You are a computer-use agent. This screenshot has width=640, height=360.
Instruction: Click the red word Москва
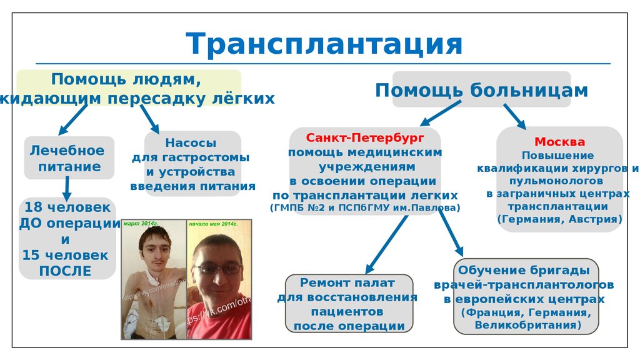pos(559,141)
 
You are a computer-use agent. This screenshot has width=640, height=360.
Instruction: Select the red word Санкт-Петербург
pos(365,137)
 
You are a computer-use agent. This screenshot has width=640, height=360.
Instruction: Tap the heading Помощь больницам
pos(481,91)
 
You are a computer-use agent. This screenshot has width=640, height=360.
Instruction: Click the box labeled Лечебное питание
pos(69,158)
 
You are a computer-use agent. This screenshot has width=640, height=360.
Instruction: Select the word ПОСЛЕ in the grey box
pos(65,271)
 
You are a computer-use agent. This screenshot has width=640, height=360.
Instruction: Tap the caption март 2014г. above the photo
pos(141,223)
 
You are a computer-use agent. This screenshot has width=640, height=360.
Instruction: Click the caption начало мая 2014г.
pos(214,223)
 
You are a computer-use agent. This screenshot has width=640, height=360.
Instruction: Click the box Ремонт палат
pos(348,303)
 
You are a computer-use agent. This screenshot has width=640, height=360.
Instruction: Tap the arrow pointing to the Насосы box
pos(149,118)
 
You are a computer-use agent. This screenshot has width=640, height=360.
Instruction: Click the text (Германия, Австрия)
pos(559,219)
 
